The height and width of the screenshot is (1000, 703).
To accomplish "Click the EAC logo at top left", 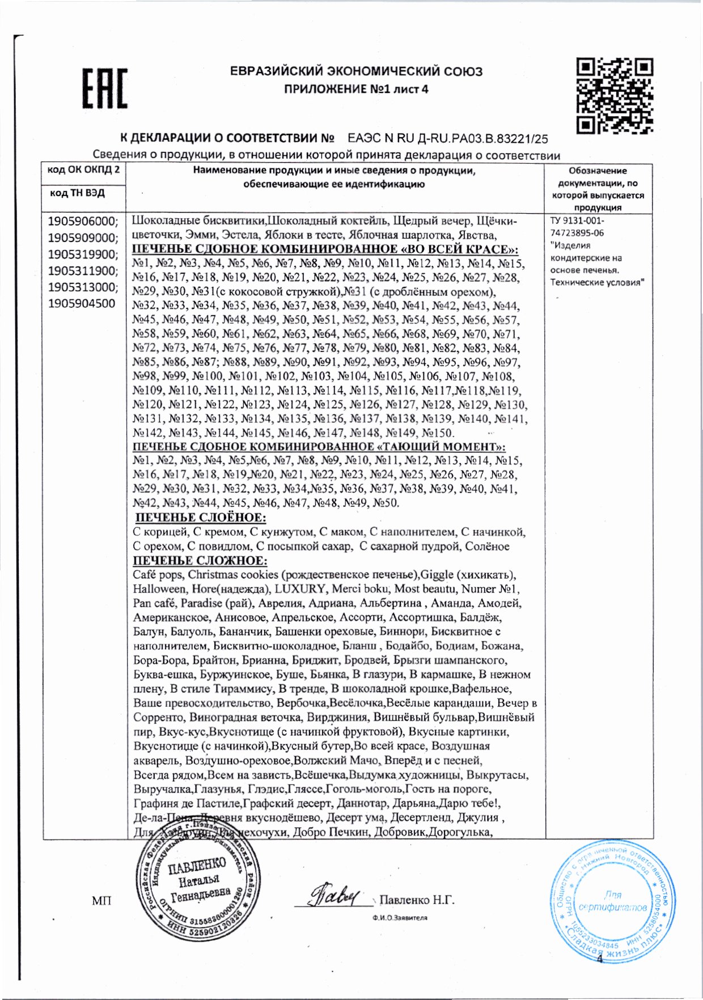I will [105, 88].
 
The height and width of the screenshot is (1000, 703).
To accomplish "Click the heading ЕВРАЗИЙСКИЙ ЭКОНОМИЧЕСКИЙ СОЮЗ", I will [356, 71].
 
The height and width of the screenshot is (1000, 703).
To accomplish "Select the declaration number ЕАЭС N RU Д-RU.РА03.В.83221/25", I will [448, 138].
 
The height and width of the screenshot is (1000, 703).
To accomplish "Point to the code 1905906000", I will [83, 221].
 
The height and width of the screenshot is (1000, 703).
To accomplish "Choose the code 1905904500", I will [81, 303].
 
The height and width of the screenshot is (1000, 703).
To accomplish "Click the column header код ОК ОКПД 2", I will [83, 170].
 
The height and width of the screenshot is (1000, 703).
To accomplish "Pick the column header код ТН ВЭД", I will [77, 193].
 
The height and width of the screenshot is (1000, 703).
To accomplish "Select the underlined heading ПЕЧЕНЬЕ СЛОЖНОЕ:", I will [200, 561].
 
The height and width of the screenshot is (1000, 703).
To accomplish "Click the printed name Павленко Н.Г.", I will [417, 900].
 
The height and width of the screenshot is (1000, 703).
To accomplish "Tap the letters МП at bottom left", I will [101, 901].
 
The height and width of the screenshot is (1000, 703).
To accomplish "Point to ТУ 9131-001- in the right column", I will [577, 221].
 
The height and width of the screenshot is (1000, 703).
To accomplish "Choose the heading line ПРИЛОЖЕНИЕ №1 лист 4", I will [356, 89].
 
